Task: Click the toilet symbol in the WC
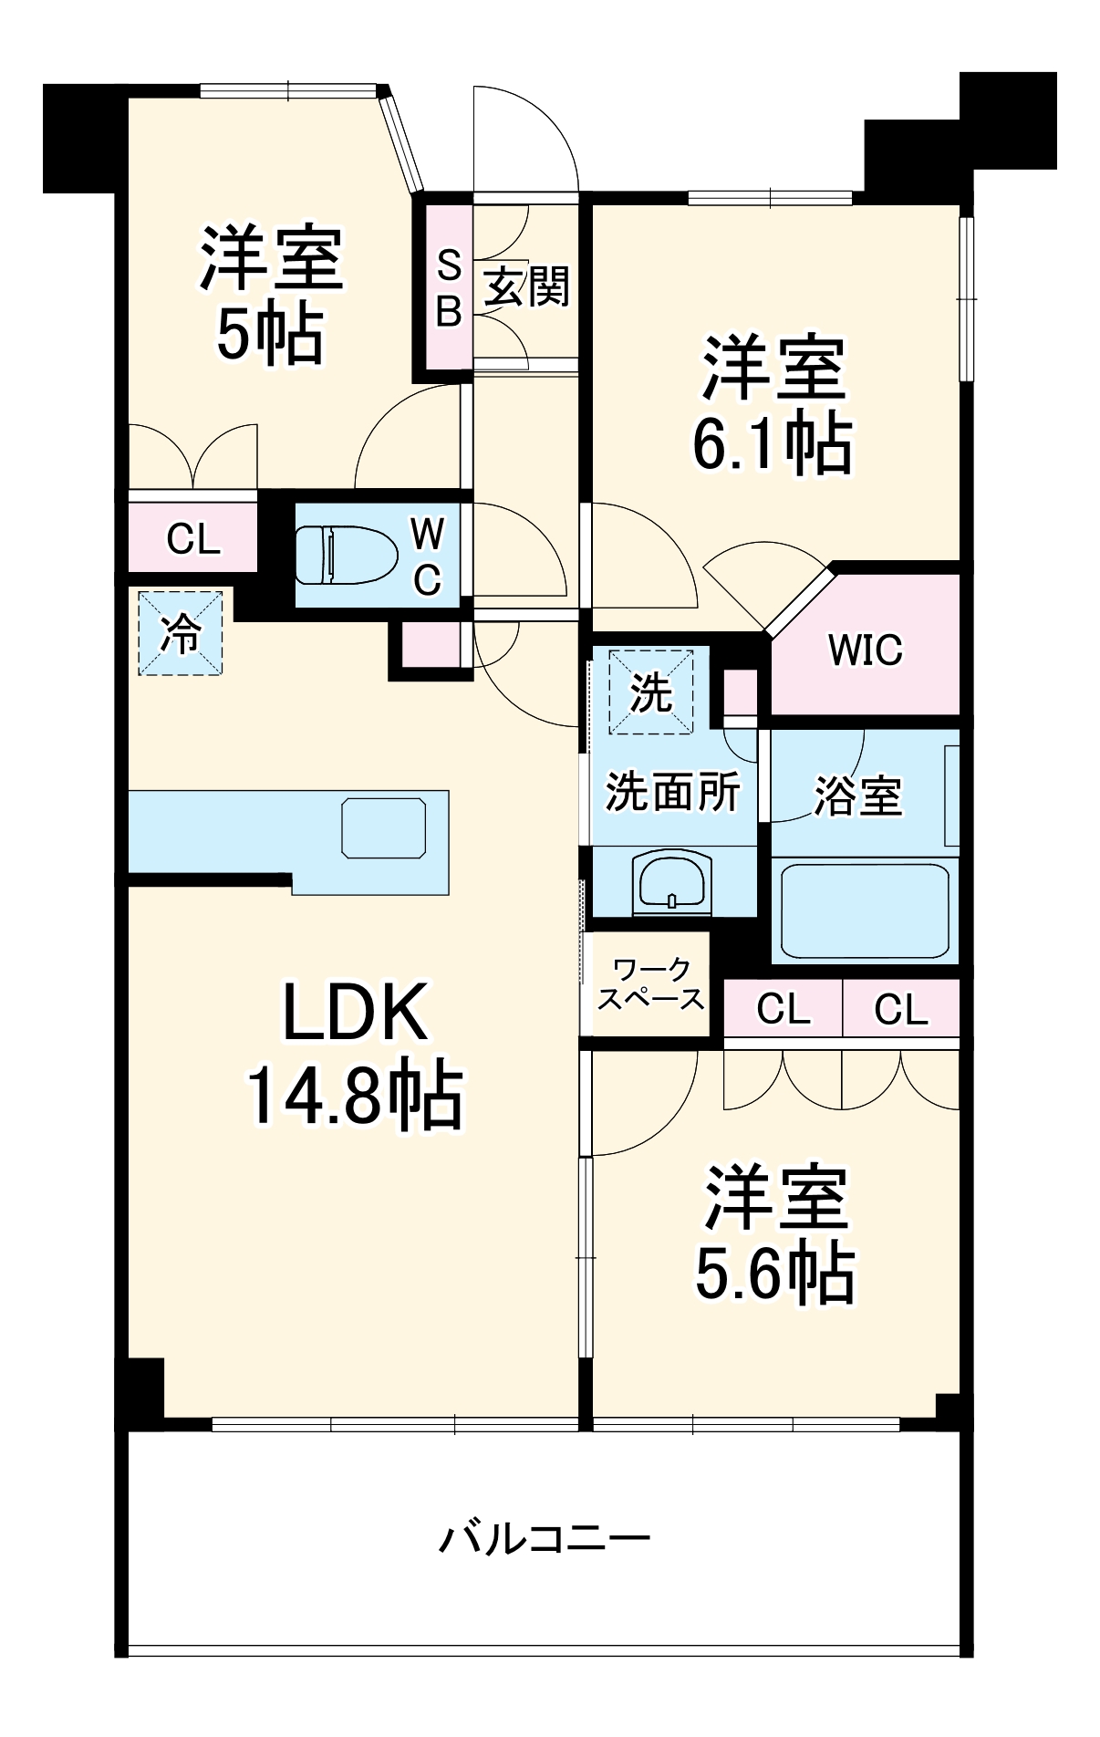[347, 555]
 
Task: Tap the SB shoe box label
[449, 288]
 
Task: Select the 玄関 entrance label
[526, 287]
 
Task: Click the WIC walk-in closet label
[865, 650]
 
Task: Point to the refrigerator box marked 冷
[181, 633]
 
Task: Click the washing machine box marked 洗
[651, 692]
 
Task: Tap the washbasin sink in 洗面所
[671, 881]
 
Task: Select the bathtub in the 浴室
[864, 909]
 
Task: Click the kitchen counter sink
[383, 827]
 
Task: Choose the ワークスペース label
[650, 984]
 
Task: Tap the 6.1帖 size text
[773, 444]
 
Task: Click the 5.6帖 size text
[774, 1273]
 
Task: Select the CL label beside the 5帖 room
[193, 539]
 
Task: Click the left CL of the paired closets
[783, 1009]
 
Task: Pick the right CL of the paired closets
[901, 1009]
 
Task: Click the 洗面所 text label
[672, 791]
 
